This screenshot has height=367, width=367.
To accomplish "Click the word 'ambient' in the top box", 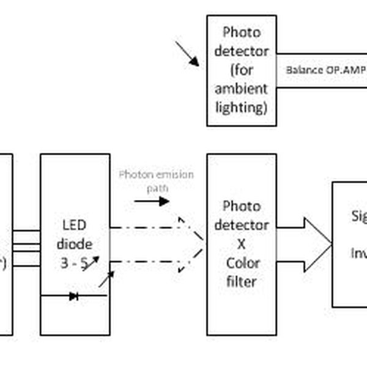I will (x=241, y=89).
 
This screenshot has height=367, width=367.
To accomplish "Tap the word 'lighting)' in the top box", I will (x=241, y=108).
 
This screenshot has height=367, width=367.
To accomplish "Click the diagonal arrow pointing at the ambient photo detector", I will (x=187, y=54).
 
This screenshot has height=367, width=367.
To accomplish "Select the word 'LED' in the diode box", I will (x=75, y=224).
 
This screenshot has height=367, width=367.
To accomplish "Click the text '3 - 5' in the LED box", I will (x=75, y=262).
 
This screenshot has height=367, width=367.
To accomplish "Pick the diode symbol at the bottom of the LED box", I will (x=74, y=296).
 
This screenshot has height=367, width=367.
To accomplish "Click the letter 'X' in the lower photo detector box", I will (x=241, y=243).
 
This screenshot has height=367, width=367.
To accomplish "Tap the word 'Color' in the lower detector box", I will (x=241, y=263).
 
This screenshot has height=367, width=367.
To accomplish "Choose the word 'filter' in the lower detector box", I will (x=241, y=282).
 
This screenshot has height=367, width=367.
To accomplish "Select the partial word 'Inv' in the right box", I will (x=358, y=253).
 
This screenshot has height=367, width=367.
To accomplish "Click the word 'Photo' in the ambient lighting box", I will (x=241, y=32).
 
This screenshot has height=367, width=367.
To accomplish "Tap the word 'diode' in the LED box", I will (x=75, y=243).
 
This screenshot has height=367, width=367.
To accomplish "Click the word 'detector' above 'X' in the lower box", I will (x=241, y=224).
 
